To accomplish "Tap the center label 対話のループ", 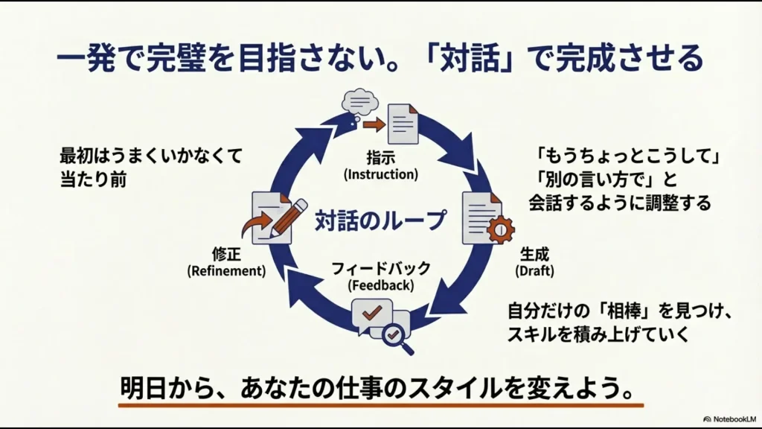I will coord(381,220).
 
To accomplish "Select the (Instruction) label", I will coord(381,175).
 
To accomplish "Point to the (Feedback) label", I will coord(381,285).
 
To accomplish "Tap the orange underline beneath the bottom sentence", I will coord(380,404).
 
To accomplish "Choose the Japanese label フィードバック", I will coord(381,269).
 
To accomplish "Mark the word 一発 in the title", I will coord(86,58).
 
